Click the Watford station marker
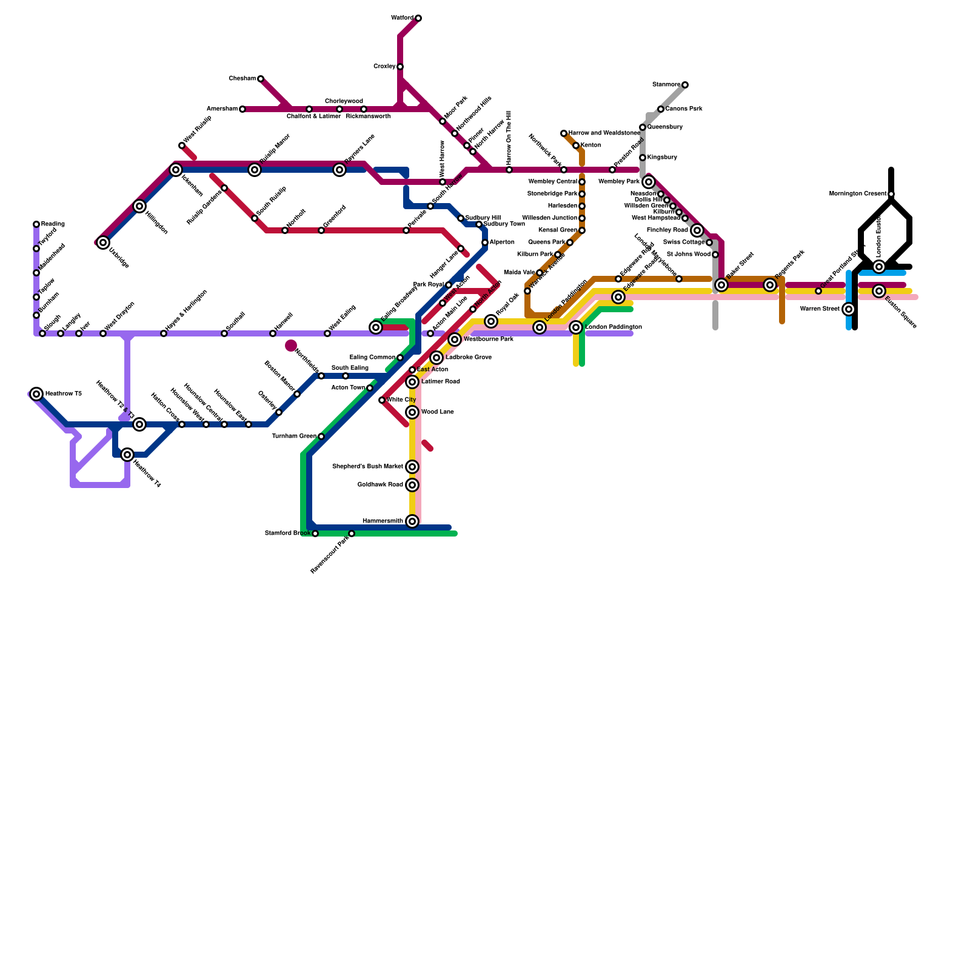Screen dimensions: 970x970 [418, 18]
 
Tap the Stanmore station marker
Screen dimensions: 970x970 [685, 85]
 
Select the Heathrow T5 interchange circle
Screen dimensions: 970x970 [36, 394]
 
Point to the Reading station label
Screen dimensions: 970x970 [53, 224]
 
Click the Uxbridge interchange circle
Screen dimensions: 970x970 [103, 242]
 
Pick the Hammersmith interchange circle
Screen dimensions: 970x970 [412, 521]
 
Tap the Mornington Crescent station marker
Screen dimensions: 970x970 [891, 194]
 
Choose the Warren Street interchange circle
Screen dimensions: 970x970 [849, 309]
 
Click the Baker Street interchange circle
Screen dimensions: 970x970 [721, 285]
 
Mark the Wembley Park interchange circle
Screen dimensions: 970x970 [649, 182]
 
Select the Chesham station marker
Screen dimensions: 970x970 [261, 79]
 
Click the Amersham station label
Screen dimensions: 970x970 [222, 109]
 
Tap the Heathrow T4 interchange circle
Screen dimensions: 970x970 [127, 455]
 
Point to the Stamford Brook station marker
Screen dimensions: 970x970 [315, 533]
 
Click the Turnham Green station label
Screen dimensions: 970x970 [294, 436]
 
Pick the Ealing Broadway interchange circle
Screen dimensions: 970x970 [376, 327]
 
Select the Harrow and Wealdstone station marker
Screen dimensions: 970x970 [564, 133]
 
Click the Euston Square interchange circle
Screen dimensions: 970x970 [879, 291]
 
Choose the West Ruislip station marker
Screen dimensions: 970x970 [182, 145]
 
